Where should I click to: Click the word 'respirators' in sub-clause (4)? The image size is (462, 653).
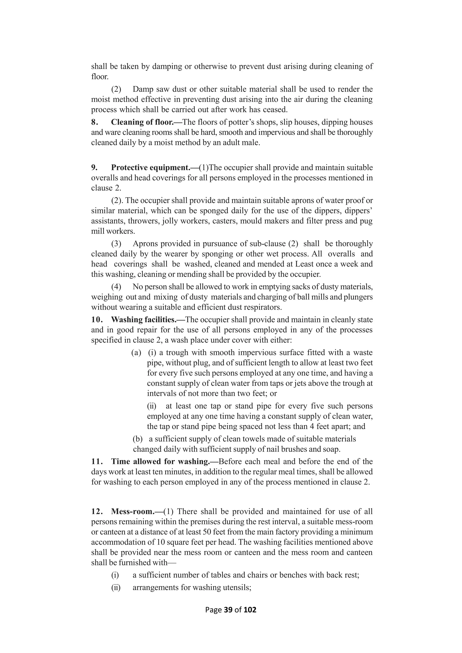click(x=263, y=307)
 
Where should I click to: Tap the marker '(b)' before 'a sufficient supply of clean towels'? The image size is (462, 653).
click(x=138, y=439)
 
